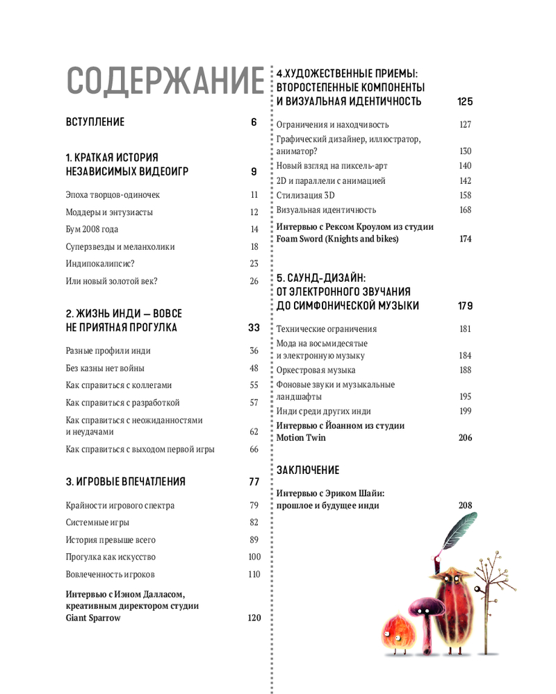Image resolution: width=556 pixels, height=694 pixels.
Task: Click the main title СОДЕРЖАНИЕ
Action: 164,81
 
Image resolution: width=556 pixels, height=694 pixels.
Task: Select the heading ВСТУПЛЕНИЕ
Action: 95,122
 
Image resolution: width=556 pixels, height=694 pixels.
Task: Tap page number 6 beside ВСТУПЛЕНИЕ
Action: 254,122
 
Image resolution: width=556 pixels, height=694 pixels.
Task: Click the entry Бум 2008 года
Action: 92,229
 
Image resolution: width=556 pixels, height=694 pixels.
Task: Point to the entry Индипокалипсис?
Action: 99,264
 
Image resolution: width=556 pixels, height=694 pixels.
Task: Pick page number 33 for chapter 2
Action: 253,328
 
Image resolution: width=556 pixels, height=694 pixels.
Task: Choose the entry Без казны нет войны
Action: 105,369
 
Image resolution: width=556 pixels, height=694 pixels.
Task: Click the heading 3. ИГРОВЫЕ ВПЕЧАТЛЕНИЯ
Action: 126,482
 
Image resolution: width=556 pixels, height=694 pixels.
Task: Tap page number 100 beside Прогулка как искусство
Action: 254,557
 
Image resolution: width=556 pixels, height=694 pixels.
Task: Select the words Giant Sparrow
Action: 92,618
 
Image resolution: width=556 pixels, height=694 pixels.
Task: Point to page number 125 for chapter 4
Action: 465,101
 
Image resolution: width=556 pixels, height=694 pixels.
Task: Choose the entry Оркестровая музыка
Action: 316,370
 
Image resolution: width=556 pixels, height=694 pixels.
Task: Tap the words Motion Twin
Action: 301,438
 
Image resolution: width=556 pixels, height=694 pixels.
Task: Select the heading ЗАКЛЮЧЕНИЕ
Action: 308,470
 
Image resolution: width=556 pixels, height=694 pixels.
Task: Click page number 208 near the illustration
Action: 465,505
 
